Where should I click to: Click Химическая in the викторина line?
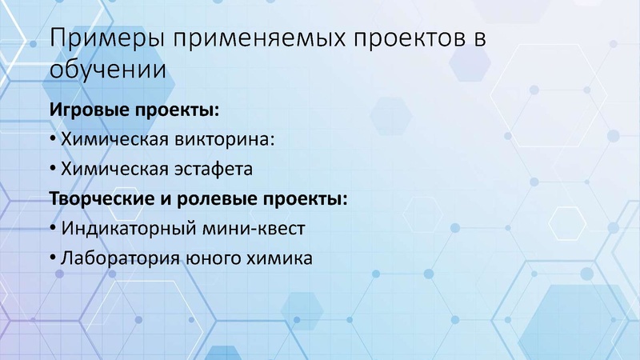116,139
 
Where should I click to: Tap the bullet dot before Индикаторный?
53,229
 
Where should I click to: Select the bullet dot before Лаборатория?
53,258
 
